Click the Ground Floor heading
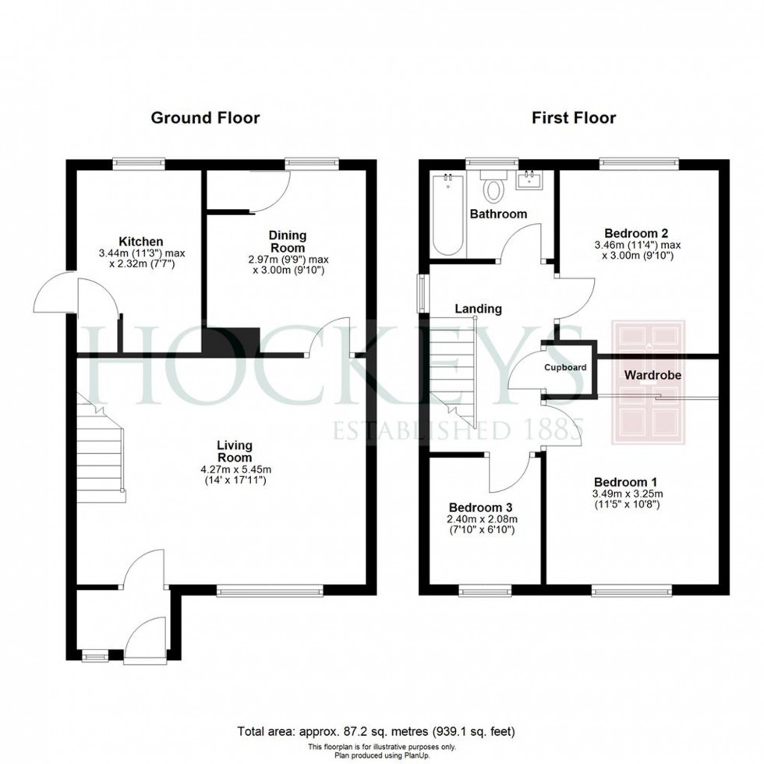click(205, 118)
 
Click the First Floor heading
click(574, 118)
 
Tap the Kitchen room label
click(141, 242)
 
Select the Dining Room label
click(288, 241)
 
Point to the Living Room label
click(235, 451)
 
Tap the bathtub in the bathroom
click(447, 214)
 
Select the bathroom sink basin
click(529, 179)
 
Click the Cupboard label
click(565, 367)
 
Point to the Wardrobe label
click(653, 375)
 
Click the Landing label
click(479, 309)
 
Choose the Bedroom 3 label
click(480, 508)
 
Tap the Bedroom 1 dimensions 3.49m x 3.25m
click(628, 493)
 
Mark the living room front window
click(270, 592)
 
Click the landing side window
click(422, 293)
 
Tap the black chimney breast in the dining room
click(232, 341)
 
